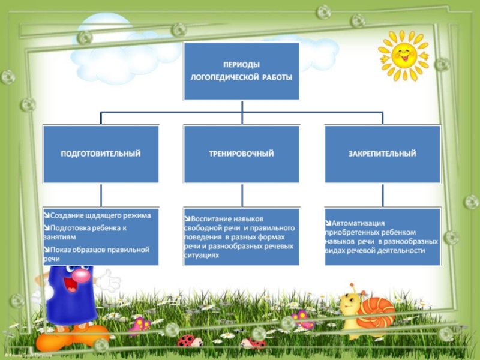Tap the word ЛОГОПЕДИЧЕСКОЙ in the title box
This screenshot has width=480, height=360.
click(x=223, y=77)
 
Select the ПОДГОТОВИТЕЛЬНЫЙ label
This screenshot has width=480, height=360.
click(x=101, y=154)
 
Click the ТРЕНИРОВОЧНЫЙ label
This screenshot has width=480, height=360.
click(x=242, y=154)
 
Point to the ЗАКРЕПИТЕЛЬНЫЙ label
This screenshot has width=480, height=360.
click(x=382, y=154)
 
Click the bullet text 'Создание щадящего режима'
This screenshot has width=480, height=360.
click(x=100, y=215)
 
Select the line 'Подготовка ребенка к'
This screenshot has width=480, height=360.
click(x=89, y=228)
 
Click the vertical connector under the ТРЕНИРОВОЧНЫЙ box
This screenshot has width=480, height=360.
click(x=242, y=195)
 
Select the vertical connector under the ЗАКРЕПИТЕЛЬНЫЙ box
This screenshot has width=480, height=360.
click(x=382, y=195)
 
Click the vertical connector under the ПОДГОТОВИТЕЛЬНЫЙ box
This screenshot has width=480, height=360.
click(x=101, y=195)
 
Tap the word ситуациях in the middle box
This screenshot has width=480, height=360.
click(x=202, y=255)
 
